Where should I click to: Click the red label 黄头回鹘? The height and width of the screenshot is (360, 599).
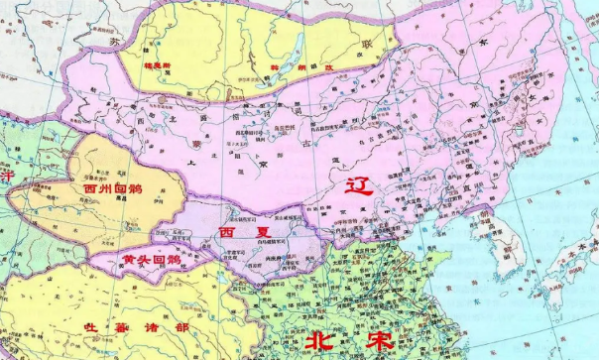click(x=144, y=259)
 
